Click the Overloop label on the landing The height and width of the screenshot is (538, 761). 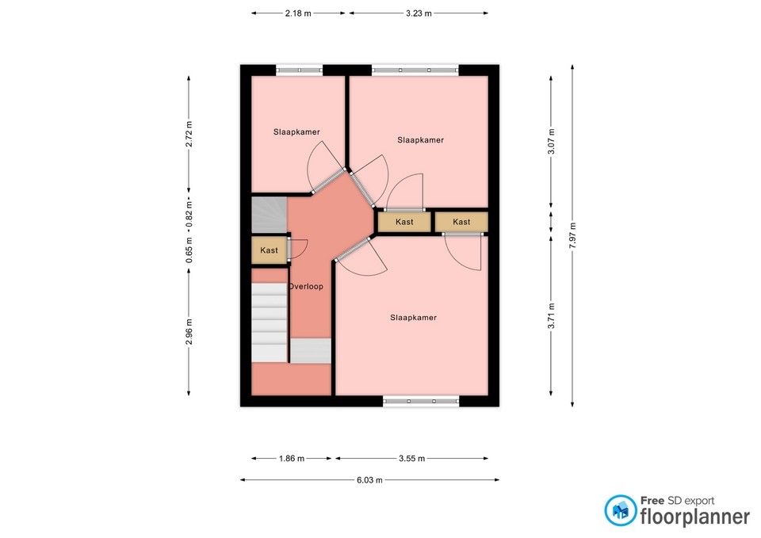(x=306, y=286)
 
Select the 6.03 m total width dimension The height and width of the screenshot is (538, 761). (x=369, y=479)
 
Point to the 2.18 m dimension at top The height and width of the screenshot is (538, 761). (x=299, y=13)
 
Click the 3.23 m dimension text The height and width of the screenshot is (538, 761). (x=418, y=13)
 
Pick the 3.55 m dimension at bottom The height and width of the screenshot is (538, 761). (x=411, y=458)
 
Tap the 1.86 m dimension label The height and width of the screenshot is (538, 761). (x=291, y=458)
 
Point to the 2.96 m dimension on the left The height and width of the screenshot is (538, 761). (x=189, y=331)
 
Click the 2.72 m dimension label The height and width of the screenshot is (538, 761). (x=189, y=134)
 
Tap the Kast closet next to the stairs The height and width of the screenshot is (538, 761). (x=270, y=250)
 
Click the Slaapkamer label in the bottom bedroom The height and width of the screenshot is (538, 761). (x=413, y=318)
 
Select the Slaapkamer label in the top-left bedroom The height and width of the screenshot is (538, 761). (x=296, y=132)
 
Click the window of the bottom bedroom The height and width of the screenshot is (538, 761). (x=420, y=401)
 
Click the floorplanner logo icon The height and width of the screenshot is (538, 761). (x=620, y=511)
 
